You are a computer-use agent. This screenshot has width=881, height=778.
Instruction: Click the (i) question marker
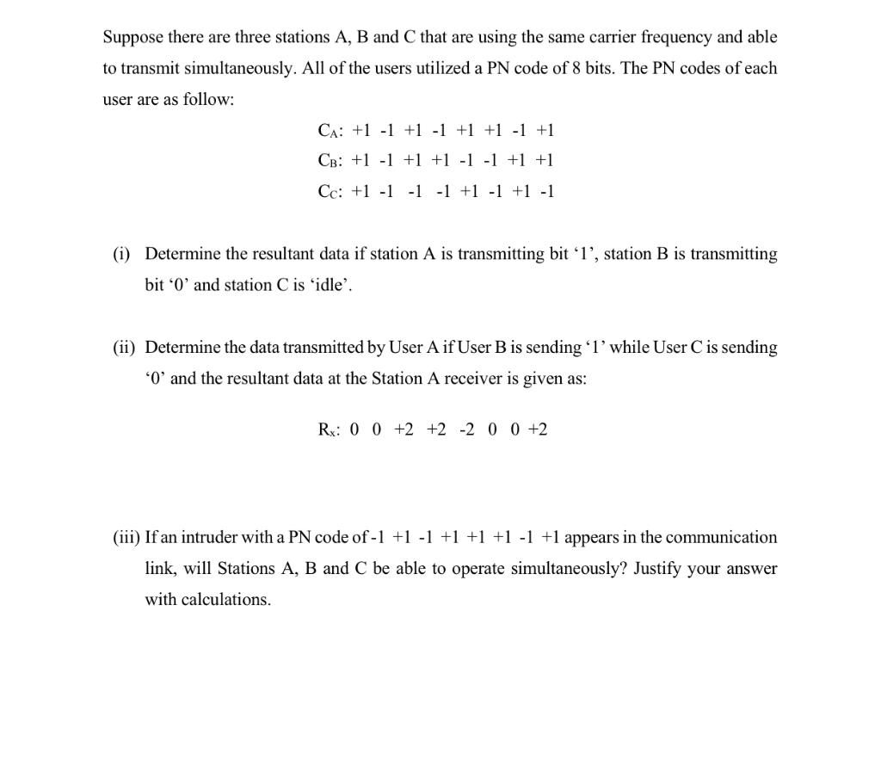coord(122,254)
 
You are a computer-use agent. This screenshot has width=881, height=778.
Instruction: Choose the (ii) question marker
coord(125,348)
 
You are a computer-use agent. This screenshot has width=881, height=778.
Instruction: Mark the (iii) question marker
coord(126,538)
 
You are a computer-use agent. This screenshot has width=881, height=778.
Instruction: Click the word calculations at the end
coord(227,600)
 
